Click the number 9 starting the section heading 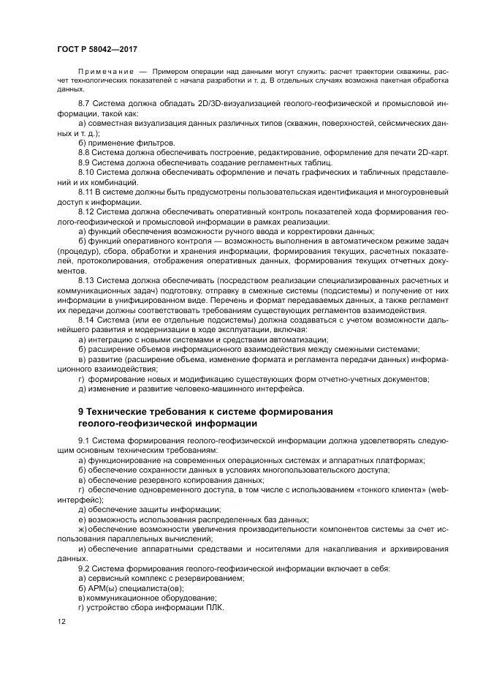pyautogui.click(x=81, y=410)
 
